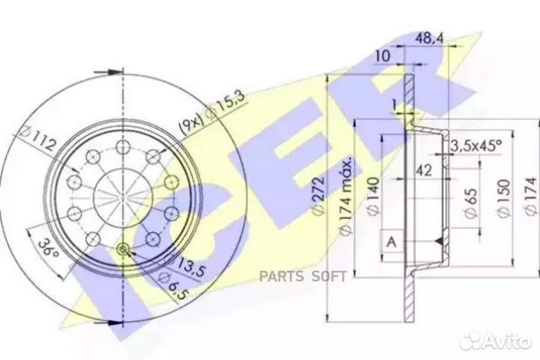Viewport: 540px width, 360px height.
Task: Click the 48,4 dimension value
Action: pos(429,38)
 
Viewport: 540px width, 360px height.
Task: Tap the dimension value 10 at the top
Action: pos(382,55)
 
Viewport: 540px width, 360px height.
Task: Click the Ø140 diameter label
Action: pos(374,196)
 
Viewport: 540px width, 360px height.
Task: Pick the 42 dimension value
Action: pos(424,170)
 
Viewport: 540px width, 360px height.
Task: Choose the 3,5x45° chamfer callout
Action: pos(475,146)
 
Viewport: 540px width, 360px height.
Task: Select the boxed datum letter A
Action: pos(392,242)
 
